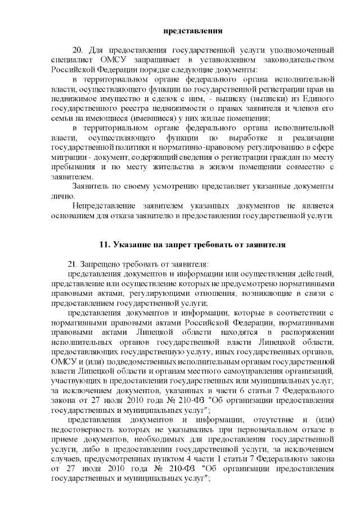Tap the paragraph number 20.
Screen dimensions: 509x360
point(78,50)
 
